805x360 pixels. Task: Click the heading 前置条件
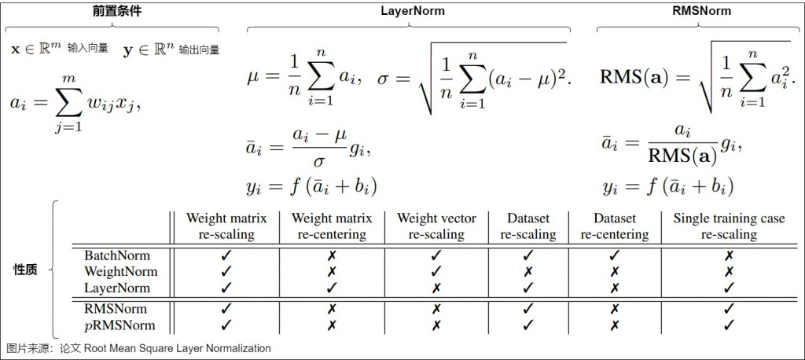click(114, 11)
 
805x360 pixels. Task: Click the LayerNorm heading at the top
click(412, 11)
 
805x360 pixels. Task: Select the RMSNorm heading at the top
click(701, 11)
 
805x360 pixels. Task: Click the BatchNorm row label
click(117, 255)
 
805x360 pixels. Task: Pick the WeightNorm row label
click(120, 272)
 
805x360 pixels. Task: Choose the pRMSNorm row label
click(119, 325)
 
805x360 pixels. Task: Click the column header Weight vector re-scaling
click(436, 226)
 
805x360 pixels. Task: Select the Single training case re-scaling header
click(729, 226)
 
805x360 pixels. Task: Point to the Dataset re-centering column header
click(615, 226)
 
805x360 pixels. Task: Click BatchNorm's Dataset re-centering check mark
click(615, 255)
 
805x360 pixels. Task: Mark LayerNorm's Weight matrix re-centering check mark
click(332, 288)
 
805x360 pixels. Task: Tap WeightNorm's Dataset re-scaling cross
click(528, 272)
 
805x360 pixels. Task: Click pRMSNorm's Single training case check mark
click(729, 325)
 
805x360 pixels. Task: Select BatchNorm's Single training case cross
click(729, 255)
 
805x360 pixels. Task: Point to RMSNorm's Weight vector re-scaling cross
click(436, 309)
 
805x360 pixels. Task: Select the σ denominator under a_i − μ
click(318, 160)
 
